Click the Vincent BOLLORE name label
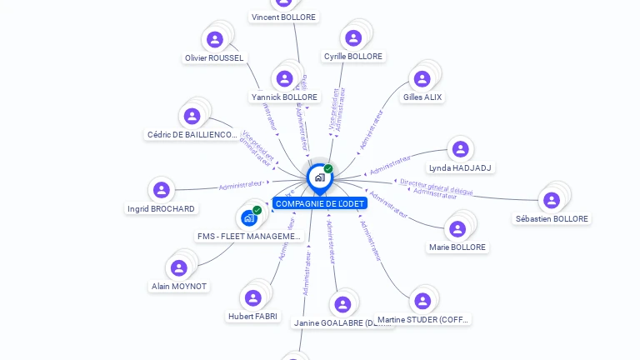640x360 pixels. click(284, 17)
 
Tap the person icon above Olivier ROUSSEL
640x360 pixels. click(214, 39)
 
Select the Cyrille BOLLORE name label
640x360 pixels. click(353, 57)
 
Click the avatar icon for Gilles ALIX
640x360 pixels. click(422, 79)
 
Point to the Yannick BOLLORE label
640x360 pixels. click(284, 97)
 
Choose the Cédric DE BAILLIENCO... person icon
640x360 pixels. click(192, 117)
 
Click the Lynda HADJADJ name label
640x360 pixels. click(461, 167)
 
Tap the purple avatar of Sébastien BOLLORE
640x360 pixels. click(551, 200)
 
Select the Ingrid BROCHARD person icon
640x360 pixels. click(162, 190)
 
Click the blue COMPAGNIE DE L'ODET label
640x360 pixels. click(319, 203)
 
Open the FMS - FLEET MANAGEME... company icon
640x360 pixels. click(248, 218)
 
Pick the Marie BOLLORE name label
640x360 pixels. click(457, 247)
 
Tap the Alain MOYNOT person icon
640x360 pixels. click(178, 267)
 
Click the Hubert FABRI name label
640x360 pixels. click(253, 316)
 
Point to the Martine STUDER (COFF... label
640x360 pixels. click(423, 319)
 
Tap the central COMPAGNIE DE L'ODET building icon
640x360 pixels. click(318, 177)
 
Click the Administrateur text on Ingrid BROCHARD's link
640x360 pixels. click(240, 185)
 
